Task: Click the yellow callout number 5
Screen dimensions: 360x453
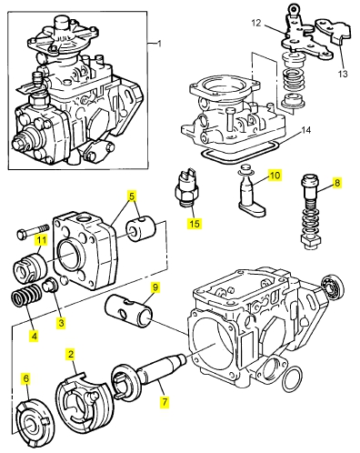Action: tap(132, 196)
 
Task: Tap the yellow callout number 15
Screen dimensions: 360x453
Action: tap(195, 224)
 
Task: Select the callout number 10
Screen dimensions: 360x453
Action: tap(275, 176)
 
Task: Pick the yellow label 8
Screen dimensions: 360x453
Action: tap(337, 183)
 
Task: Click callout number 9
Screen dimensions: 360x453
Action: tap(155, 287)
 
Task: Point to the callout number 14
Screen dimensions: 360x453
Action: tap(305, 130)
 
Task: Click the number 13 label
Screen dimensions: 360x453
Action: tap(343, 74)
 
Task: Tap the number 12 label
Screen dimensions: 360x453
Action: tap(256, 23)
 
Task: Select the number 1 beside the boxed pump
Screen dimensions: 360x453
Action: tap(159, 44)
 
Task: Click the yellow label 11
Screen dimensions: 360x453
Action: tap(41, 240)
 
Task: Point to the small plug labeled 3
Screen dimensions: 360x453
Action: tap(48, 287)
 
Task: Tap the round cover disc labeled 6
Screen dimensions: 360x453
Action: tap(35, 419)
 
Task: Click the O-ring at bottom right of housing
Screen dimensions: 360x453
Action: tap(292, 379)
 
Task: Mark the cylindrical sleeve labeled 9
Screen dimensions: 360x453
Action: tap(127, 312)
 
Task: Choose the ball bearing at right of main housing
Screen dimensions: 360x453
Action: tap(332, 287)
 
